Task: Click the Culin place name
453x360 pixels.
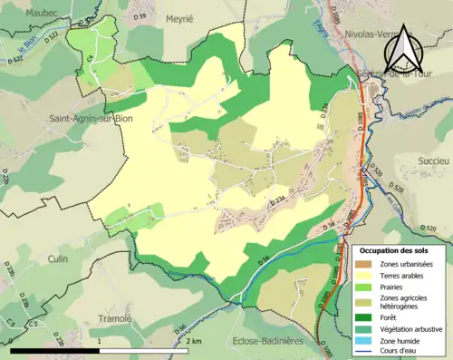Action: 59,258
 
